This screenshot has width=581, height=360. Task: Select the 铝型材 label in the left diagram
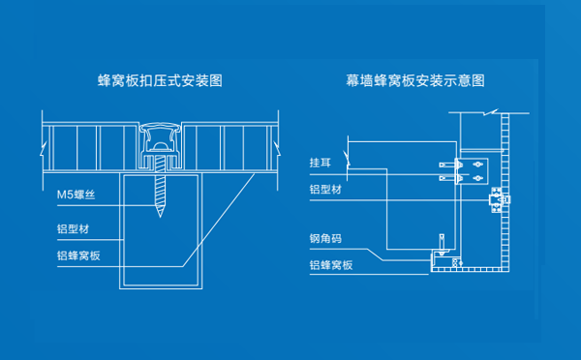[x=74, y=231]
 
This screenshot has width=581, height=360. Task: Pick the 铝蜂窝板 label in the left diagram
[x=78, y=256]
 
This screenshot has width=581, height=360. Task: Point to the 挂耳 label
[x=321, y=162]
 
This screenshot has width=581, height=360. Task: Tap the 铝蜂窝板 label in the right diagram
[x=330, y=265]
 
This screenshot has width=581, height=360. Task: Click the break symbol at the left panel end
[x=40, y=149]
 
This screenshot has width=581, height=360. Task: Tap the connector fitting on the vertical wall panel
[x=500, y=200]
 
